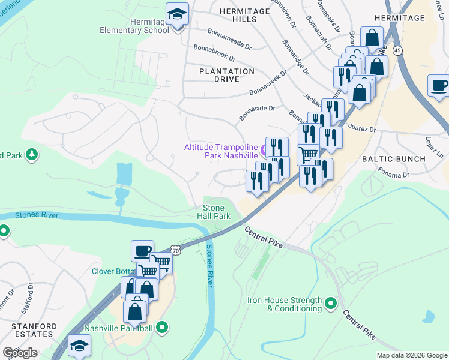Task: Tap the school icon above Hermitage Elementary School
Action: (177, 14)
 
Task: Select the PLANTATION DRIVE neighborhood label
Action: (227, 75)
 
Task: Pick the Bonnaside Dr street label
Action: (256, 112)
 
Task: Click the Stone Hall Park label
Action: (213, 212)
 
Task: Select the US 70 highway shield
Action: (174, 248)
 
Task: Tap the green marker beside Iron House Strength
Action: (330, 304)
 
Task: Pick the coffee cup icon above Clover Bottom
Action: (142, 251)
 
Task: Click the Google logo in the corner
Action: (20, 353)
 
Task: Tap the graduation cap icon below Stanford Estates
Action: (79, 346)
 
